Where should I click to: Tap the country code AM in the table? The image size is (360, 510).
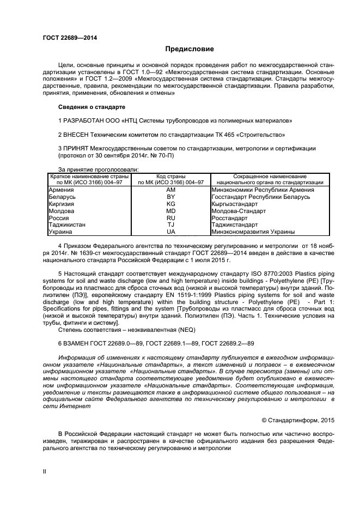coord(171,189)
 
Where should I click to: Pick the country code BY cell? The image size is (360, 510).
coord(171,196)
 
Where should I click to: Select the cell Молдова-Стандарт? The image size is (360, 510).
coord(239,210)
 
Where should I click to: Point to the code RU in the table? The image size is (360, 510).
coord(171,217)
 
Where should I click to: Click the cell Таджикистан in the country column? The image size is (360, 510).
coord(67,224)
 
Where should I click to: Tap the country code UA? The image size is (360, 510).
coord(171,231)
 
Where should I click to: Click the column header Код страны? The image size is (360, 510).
coord(171,177)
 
